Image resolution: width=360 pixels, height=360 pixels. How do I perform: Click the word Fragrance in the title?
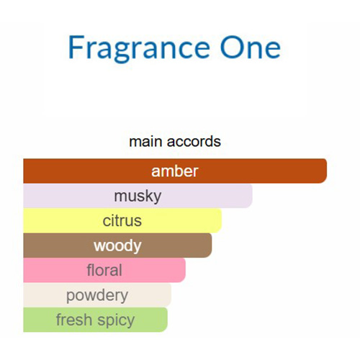point(139,49)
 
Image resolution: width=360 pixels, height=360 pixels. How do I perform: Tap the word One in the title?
point(251,47)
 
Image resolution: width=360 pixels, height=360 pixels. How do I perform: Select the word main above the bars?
point(145,142)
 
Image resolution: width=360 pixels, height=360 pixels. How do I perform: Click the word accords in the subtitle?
point(194,142)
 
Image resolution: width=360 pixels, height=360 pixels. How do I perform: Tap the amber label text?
point(175,171)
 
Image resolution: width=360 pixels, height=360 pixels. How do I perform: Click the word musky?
point(138,197)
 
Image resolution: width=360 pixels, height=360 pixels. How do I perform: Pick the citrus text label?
point(122,221)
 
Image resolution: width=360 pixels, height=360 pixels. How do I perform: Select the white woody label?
point(117,246)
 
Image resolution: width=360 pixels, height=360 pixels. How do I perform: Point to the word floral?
point(104,270)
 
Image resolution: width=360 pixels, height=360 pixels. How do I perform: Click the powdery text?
point(97,295)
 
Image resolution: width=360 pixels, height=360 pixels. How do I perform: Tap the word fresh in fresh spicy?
point(74,320)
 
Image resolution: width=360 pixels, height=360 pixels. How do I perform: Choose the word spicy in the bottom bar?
point(116,320)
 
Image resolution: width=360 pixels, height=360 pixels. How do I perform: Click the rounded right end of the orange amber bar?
point(326,171)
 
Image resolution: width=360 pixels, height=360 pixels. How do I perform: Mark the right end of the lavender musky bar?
point(252,196)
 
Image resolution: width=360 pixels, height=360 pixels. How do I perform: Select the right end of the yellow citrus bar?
point(221,220)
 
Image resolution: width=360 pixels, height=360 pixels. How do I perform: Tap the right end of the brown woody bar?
point(212,246)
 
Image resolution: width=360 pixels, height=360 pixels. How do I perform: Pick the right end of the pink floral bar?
point(185,270)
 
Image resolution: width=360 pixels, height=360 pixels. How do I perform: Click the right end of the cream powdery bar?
point(171,295)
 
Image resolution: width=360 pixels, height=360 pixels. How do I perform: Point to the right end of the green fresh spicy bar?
point(167,320)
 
